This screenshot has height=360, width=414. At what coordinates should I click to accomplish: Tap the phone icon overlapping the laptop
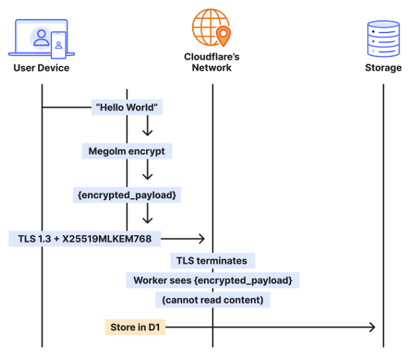[59, 45]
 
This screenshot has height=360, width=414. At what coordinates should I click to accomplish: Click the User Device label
[41, 68]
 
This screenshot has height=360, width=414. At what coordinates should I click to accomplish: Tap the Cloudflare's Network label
[212, 62]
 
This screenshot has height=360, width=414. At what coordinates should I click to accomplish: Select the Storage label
[383, 68]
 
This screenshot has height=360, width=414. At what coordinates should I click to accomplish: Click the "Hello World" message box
[127, 108]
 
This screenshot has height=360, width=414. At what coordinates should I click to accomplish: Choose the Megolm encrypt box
[126, 152]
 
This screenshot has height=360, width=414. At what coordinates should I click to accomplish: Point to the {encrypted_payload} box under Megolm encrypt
[127, 195]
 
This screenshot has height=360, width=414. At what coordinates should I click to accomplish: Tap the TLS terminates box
[212, 260]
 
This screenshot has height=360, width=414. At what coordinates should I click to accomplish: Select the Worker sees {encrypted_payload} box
[212, 280]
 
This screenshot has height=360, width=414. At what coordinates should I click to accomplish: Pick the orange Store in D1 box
[134, 327]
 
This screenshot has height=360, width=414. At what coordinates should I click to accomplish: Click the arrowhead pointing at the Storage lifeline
[371, 327]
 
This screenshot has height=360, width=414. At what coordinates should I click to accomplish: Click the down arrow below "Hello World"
[147, 128]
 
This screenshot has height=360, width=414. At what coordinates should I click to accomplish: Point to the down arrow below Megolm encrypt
[147, 171]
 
